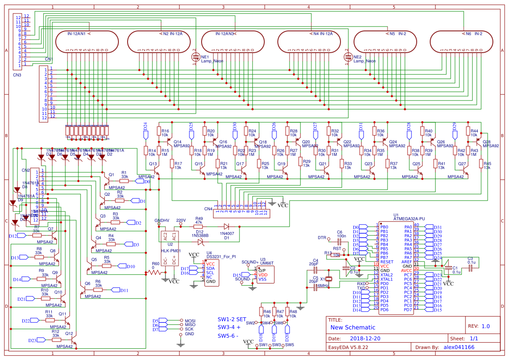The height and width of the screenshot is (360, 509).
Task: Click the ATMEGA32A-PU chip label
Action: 409,219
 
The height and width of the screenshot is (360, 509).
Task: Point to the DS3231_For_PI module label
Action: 221,257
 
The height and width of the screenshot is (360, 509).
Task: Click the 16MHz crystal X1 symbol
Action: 329,279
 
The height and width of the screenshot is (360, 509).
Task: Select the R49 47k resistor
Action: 199,226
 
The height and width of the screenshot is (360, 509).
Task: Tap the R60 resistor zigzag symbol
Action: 155,273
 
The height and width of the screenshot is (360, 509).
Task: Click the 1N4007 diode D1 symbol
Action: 226,226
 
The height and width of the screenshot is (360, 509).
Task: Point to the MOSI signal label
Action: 190,321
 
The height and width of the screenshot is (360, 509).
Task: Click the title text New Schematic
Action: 352,327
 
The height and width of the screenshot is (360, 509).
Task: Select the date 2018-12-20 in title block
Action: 365,338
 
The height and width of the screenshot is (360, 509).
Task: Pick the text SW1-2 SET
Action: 232,319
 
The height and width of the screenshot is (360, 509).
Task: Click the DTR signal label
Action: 322,238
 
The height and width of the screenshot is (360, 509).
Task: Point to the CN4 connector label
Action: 208,209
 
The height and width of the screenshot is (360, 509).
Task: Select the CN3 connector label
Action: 17,75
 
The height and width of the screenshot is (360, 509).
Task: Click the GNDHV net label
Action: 162,220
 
